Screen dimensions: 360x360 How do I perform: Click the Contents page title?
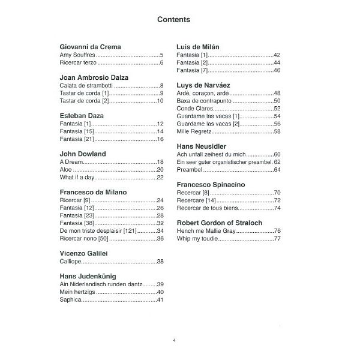click(x=174, y=19)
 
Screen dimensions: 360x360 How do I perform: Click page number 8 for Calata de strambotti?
click(x=161, y=86)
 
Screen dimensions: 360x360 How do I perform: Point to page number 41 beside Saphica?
click(x=160, y=300)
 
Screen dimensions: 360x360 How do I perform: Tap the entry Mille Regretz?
click(x=194, y=131)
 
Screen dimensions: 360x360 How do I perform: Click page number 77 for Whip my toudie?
click(x=277, y=239)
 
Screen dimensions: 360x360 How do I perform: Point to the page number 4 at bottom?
click(x=174, y=340)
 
